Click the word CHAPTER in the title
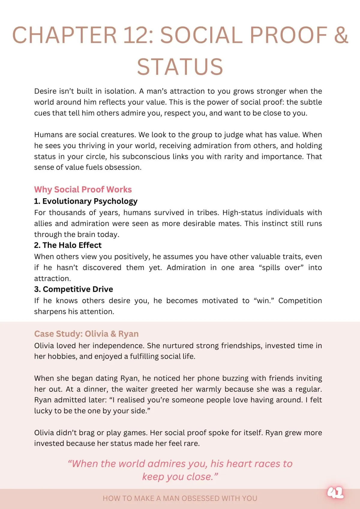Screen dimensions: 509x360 point(64,35)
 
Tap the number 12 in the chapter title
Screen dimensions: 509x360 point(138,35)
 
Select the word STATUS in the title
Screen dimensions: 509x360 point(180,67)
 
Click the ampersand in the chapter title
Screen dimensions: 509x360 point(340,35)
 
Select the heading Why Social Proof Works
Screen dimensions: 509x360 point(83,190)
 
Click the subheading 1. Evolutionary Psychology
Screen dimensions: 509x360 point(86,201)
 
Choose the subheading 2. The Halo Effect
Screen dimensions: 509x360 point(68,245)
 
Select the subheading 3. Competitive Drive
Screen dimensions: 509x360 point(73,289)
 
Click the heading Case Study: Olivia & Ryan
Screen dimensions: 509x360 point(86,334)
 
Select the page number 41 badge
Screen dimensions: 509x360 point(335,493)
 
